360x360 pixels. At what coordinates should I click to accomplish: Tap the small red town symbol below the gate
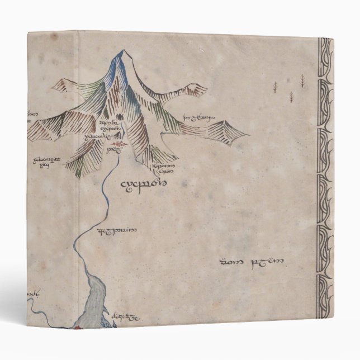(x=124, y=145)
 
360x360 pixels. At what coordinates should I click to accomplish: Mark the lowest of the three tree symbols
(x=291, y=96)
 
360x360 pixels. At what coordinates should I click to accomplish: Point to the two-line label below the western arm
(x=46, y=162)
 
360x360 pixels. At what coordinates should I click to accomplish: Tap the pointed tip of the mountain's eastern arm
(x=248, y=136)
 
